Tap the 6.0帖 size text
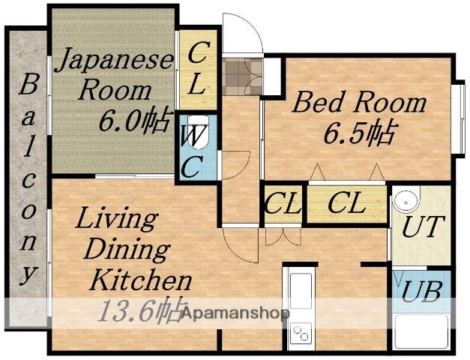click(x=136, y=120)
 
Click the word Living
click(x=117, y=220)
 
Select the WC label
click(x=192, y=151)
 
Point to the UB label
click(x=421, y=292)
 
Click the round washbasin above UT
click(x=406, y=201)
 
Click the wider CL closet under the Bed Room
click(x=346, y=203)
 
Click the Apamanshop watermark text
click(x=232, y=313)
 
